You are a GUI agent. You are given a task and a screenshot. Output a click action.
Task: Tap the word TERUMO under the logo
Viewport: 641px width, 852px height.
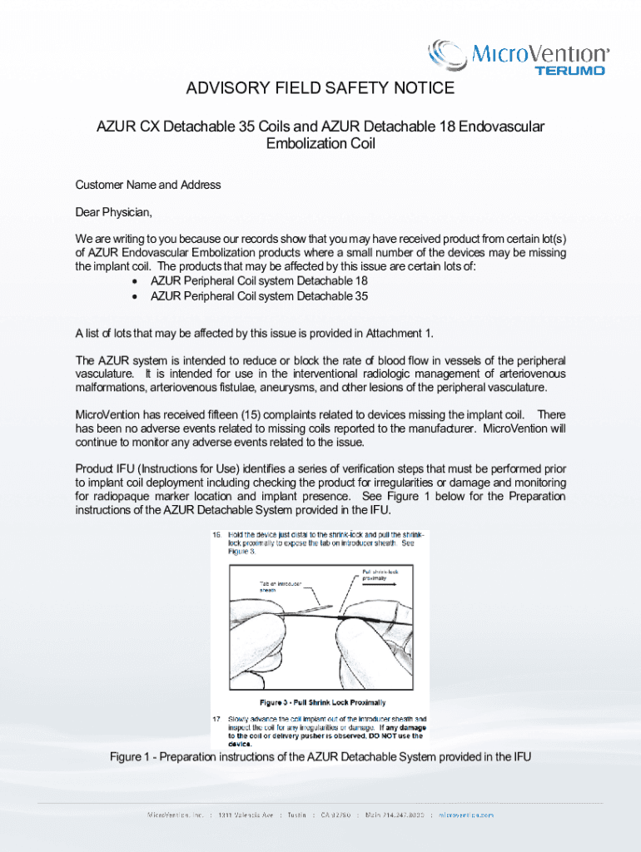(x=569, y=71)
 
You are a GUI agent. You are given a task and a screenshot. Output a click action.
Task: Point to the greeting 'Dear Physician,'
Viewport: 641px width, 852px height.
(x=114, y=211)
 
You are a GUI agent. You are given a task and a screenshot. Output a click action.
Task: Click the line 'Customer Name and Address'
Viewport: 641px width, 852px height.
(x=148, y=185)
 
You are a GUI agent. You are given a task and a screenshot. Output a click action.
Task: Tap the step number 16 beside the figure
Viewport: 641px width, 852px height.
(x=216, y=533)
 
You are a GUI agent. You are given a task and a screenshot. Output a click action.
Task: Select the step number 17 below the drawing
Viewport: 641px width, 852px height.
(x=216, y=717)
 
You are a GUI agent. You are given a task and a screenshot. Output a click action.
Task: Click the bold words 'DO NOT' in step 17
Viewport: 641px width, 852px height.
(x=380, y=736)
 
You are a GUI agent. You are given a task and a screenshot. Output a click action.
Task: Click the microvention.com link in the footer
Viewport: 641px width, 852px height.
(x=466, y=815)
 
